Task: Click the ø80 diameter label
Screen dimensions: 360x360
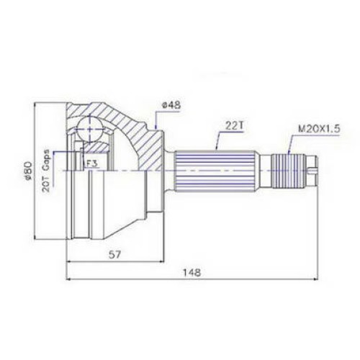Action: (x=28, y=170)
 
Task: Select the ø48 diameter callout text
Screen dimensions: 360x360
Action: (x=171, y=105)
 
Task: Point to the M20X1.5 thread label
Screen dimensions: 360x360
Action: (x=319, y=129)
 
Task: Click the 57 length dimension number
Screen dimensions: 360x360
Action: (x=114, y=254)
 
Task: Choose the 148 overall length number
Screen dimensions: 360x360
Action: (x=192, y=272)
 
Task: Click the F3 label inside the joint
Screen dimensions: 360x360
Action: (x=91, y=163)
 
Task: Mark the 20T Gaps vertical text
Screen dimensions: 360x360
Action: (x=46, y=171)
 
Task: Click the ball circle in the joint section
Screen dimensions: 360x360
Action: (x=89, y=130)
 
